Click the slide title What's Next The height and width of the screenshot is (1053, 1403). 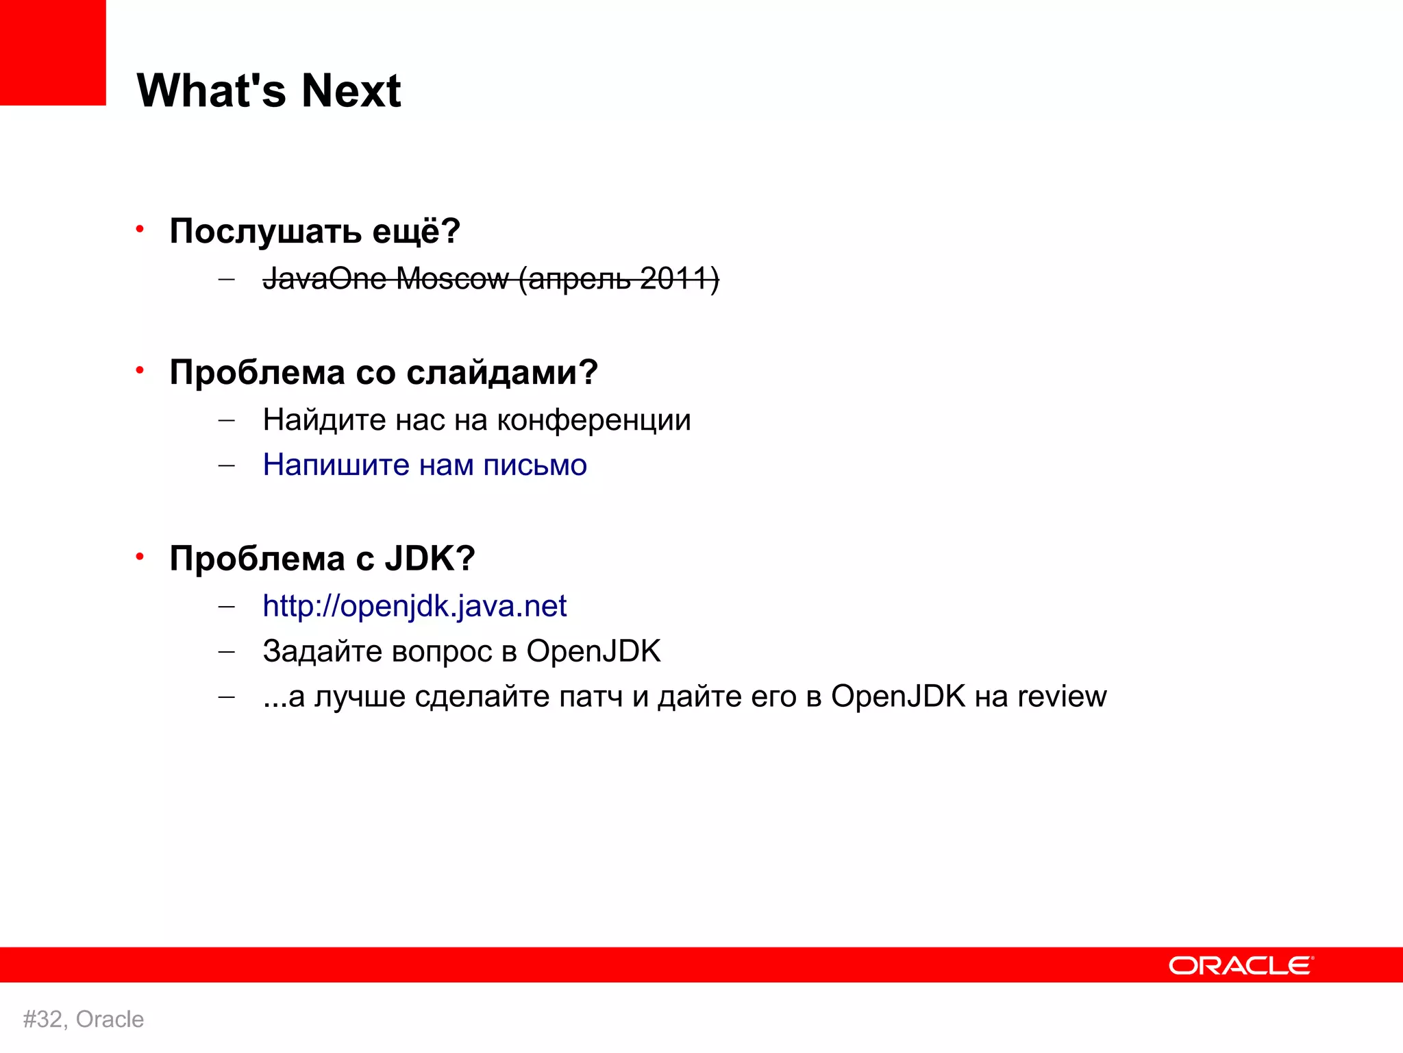tap(269, 90)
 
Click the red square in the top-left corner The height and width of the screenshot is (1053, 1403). tap(53, 52)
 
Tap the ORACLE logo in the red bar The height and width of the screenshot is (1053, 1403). tap(1241, 965)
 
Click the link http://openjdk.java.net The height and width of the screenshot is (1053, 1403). tap(414, 606)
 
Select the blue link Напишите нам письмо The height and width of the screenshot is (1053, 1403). tap(425, 465)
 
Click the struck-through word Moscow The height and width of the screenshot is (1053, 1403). tap(452, 279)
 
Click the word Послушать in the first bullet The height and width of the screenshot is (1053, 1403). tap(265, 231)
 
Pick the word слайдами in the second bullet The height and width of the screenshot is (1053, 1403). tap(501, 373)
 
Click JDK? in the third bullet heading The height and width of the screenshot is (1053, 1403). tap(430, 558)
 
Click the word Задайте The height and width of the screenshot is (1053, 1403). tap(321, 651)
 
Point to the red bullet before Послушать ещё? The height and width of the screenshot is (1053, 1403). tap(140, 228)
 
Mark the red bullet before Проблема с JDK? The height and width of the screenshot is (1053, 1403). tap(140, 556)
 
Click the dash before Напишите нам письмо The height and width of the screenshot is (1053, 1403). tap(226, 465)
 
